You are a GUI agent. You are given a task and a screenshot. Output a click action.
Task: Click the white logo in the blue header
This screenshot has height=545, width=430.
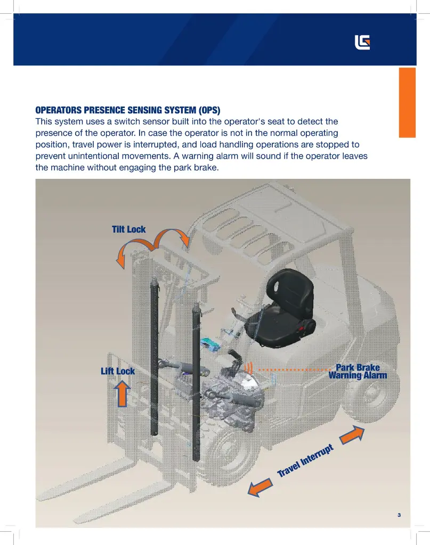(362, 43)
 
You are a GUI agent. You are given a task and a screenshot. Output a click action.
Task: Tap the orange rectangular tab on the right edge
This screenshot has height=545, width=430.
(407, 103)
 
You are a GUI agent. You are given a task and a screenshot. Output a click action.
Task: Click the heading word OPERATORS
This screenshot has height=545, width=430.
(59, 110)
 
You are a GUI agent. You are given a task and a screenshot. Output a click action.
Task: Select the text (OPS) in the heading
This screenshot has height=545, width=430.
(209, 110)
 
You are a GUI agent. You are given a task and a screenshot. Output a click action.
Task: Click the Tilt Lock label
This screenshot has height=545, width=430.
(129, 229)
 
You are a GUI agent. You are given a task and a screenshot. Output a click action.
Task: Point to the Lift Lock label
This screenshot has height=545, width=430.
(118, 371)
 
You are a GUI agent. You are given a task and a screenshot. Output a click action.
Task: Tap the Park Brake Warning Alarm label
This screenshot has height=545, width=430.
(358, 371)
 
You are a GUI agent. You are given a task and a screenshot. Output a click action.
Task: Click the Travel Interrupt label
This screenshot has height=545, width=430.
(305, 460)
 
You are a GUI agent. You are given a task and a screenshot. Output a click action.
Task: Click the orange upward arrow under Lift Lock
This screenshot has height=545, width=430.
(122, 393)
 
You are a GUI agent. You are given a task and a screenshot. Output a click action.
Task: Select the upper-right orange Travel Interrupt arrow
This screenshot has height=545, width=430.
(352, 435)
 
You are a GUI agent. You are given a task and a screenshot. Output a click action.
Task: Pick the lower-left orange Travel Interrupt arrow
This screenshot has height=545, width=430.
(260, 488)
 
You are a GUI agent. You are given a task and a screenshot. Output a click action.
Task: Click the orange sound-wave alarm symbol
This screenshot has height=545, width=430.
(249, 368)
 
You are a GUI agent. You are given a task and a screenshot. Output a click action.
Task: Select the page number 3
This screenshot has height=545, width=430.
(399, 515)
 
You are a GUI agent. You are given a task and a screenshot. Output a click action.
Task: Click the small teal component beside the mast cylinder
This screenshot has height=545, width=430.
(210, 343)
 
